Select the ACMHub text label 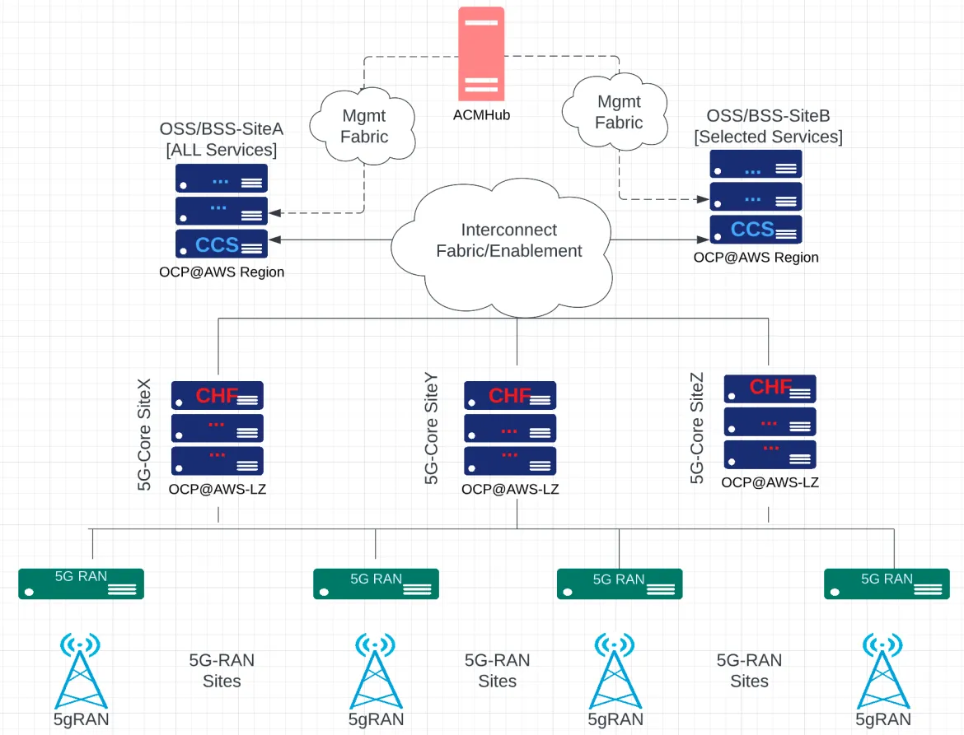(482, 114)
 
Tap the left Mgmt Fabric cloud (364, 126)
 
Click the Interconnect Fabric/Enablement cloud (508, 241)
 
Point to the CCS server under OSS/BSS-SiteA (221, 244)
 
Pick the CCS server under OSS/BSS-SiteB (756, 230)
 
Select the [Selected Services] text (768, 137)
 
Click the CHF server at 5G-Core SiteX (218, 396)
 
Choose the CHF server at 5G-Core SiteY (510, 396)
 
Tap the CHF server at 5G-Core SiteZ (770, 388)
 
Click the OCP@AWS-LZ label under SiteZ (770, 482)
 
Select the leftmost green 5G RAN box (82, 584)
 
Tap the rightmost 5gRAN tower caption (883, 719)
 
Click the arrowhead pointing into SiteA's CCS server (275, 240)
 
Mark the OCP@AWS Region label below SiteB (756, 258)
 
